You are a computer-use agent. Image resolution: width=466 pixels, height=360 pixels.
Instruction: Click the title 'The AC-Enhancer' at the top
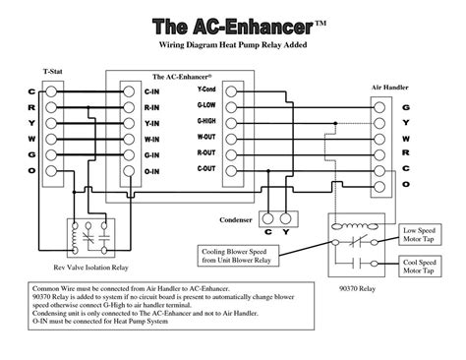click(232, 25)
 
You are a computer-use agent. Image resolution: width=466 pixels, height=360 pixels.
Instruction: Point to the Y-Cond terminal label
click(206, 89)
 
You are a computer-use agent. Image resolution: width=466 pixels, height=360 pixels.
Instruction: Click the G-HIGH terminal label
click(206, 120)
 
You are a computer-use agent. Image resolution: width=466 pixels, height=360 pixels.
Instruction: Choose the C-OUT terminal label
click(206, 169)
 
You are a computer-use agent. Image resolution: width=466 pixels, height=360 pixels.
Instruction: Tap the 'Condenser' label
click(236, 218)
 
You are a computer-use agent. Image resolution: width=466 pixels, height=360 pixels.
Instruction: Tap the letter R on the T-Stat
click(31, 105)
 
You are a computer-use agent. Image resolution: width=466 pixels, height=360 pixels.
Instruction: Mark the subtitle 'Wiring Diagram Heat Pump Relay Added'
click(232, 46)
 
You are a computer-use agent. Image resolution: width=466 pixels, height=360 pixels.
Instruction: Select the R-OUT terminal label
click(206, 153)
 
